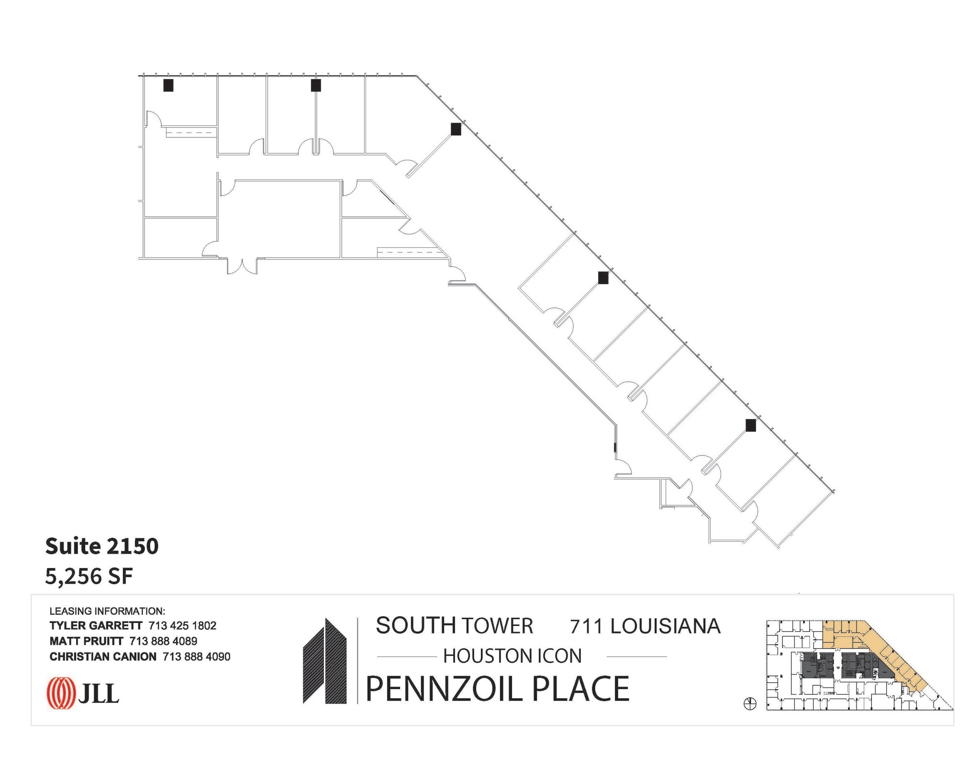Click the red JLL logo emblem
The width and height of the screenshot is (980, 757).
coord(61,693)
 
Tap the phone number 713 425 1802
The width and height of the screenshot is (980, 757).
coord(182,625)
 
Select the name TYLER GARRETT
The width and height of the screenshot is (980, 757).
coord(96,625)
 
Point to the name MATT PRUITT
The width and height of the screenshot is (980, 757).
coord(87,641)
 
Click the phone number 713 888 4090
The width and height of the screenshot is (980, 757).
coord(197,657)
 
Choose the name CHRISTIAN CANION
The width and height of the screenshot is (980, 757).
coord(103,657)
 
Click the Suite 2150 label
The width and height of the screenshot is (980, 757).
coord(101,546)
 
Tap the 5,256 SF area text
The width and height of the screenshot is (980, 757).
coord(89,576)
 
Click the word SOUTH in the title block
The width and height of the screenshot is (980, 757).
coord(415,625)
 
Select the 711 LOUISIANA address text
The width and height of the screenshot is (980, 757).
coord(645,626)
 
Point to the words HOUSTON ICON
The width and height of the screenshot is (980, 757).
coord(512,656)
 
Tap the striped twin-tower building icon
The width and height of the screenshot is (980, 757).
coord(325,661)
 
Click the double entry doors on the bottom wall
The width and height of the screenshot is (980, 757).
coord(243,266)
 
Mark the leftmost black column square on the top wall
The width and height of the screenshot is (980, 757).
coord(168,85)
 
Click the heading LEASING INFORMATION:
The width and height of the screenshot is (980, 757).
coord(107,611)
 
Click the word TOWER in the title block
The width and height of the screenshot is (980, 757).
coord(497,626)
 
